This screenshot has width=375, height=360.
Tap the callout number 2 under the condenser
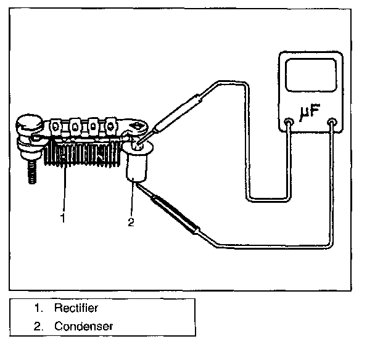click(x=130, y=222)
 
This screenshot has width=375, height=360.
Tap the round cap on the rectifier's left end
click(x=27, y=128)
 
